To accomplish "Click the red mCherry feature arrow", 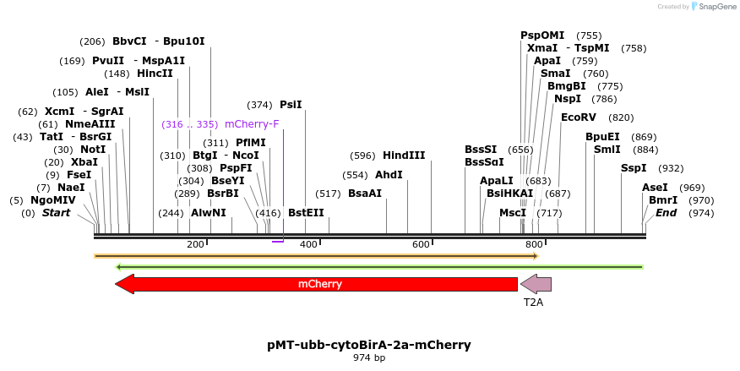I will click(x=319, y=284).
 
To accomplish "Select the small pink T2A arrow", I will click(x=536, y=284).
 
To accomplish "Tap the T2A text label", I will click(x=533, y=302).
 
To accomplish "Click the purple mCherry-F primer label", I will click(x=252, y=124).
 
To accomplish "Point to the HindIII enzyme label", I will click(x=404, y=155).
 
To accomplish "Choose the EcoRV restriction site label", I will click(x=579, y=117).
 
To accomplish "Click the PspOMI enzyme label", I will click(x=542, y=35).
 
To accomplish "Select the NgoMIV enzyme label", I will click(x=53, y=200).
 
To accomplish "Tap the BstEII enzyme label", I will click(x=306, y=213).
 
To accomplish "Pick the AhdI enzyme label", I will click(x=389, y=175).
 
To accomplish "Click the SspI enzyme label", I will click(x=634, y=168).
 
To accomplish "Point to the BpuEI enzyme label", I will click(x=602, y=137).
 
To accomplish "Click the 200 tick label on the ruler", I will click(x=195, y=245).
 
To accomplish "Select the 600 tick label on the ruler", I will click(x=421, y=245).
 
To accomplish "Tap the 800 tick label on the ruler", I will click(x=533, y=245).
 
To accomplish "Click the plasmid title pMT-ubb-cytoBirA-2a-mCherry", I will click(x=369, y=345).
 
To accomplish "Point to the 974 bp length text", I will click(x=369, y=358).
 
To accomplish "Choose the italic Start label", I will click(x=56, y=213).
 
